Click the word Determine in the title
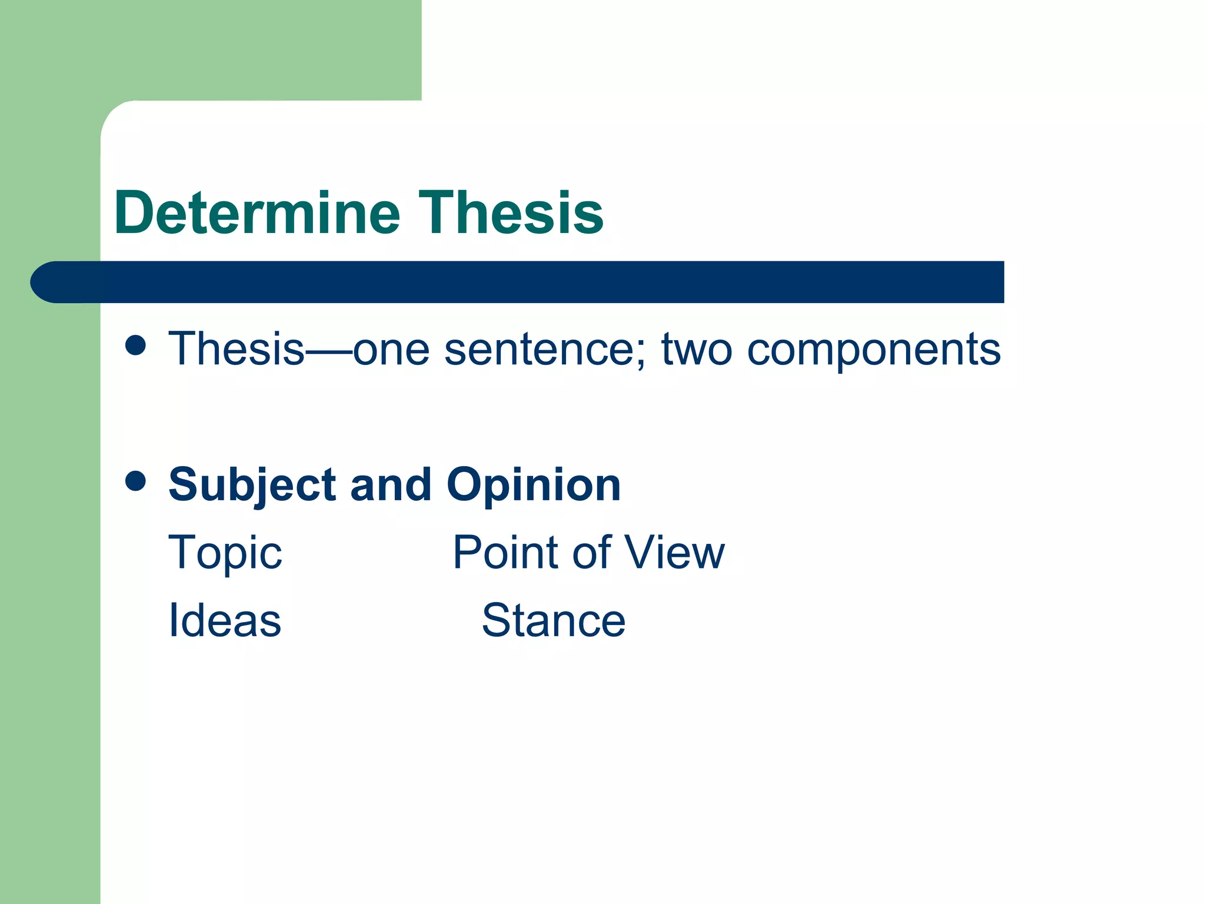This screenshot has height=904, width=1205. tap(257, 212)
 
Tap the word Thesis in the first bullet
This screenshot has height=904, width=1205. tap(237, 348)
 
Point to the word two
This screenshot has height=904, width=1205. tap(697, 350)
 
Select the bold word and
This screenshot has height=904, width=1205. tap(391, 485)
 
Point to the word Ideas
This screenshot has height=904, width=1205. tap(225, 620)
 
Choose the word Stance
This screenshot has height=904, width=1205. tap(553, 620)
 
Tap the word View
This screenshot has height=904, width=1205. tap(674, 553)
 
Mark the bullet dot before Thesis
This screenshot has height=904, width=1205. tap(136, 345)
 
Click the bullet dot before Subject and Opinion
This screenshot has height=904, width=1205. tap(136, 481)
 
